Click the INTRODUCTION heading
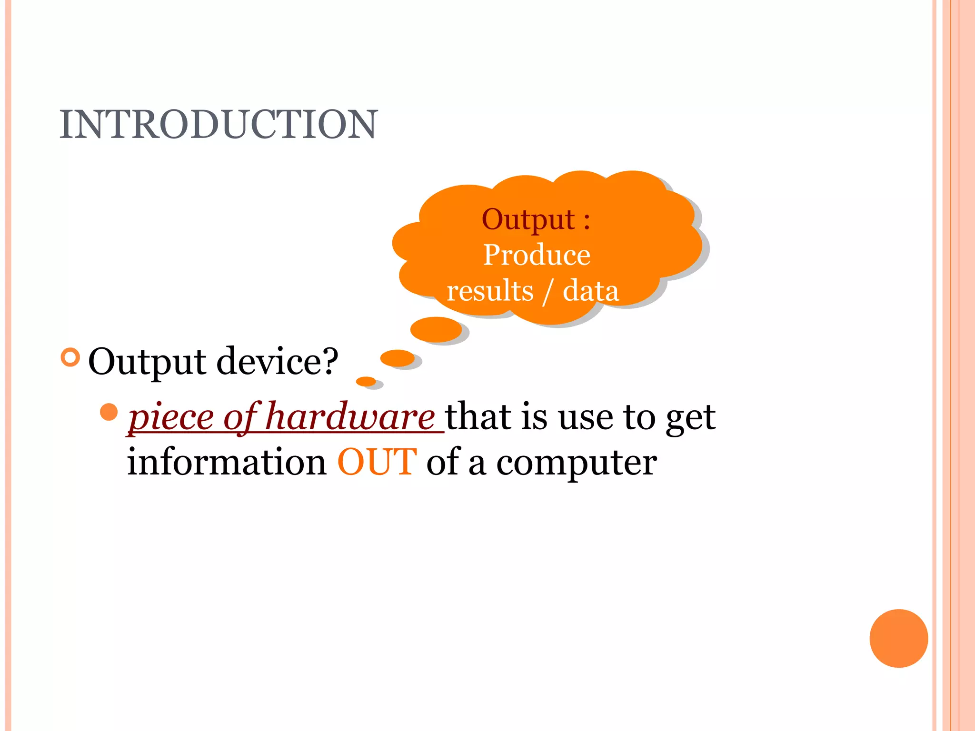pyautogui.click(x=218, y=125)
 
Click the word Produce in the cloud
pyautogui.click(x=537, y=255)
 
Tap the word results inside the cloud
pyautogui.click(x=490, y=291)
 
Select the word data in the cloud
pyautogui.click(x=590, y=291)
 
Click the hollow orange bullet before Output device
pyautogui.click(x=70, y=357)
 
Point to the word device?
pyautogui.click(x=277, y=361)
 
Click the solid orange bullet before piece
pyautogui.click(x=109, y=412)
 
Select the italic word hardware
pyautogui.click(x=350, y=417)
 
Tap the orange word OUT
pyautogui.click(x=377, y=462)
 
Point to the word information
pyautogui.click(x=227, y=462)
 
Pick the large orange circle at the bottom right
pyautogui.click(x=898, y=638)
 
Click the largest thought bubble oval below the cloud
pyautogui.click(x=436, y=329)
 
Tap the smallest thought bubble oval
pyautogui.click(x=366, y=381)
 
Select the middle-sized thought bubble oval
pyautogui.click(x=398, y=358)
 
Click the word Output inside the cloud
pyautogui.click(x=528, y=220)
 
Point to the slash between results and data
pyautogui.click(x=548, y=292)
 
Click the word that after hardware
pyautogui.click(x=478, y=417)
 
